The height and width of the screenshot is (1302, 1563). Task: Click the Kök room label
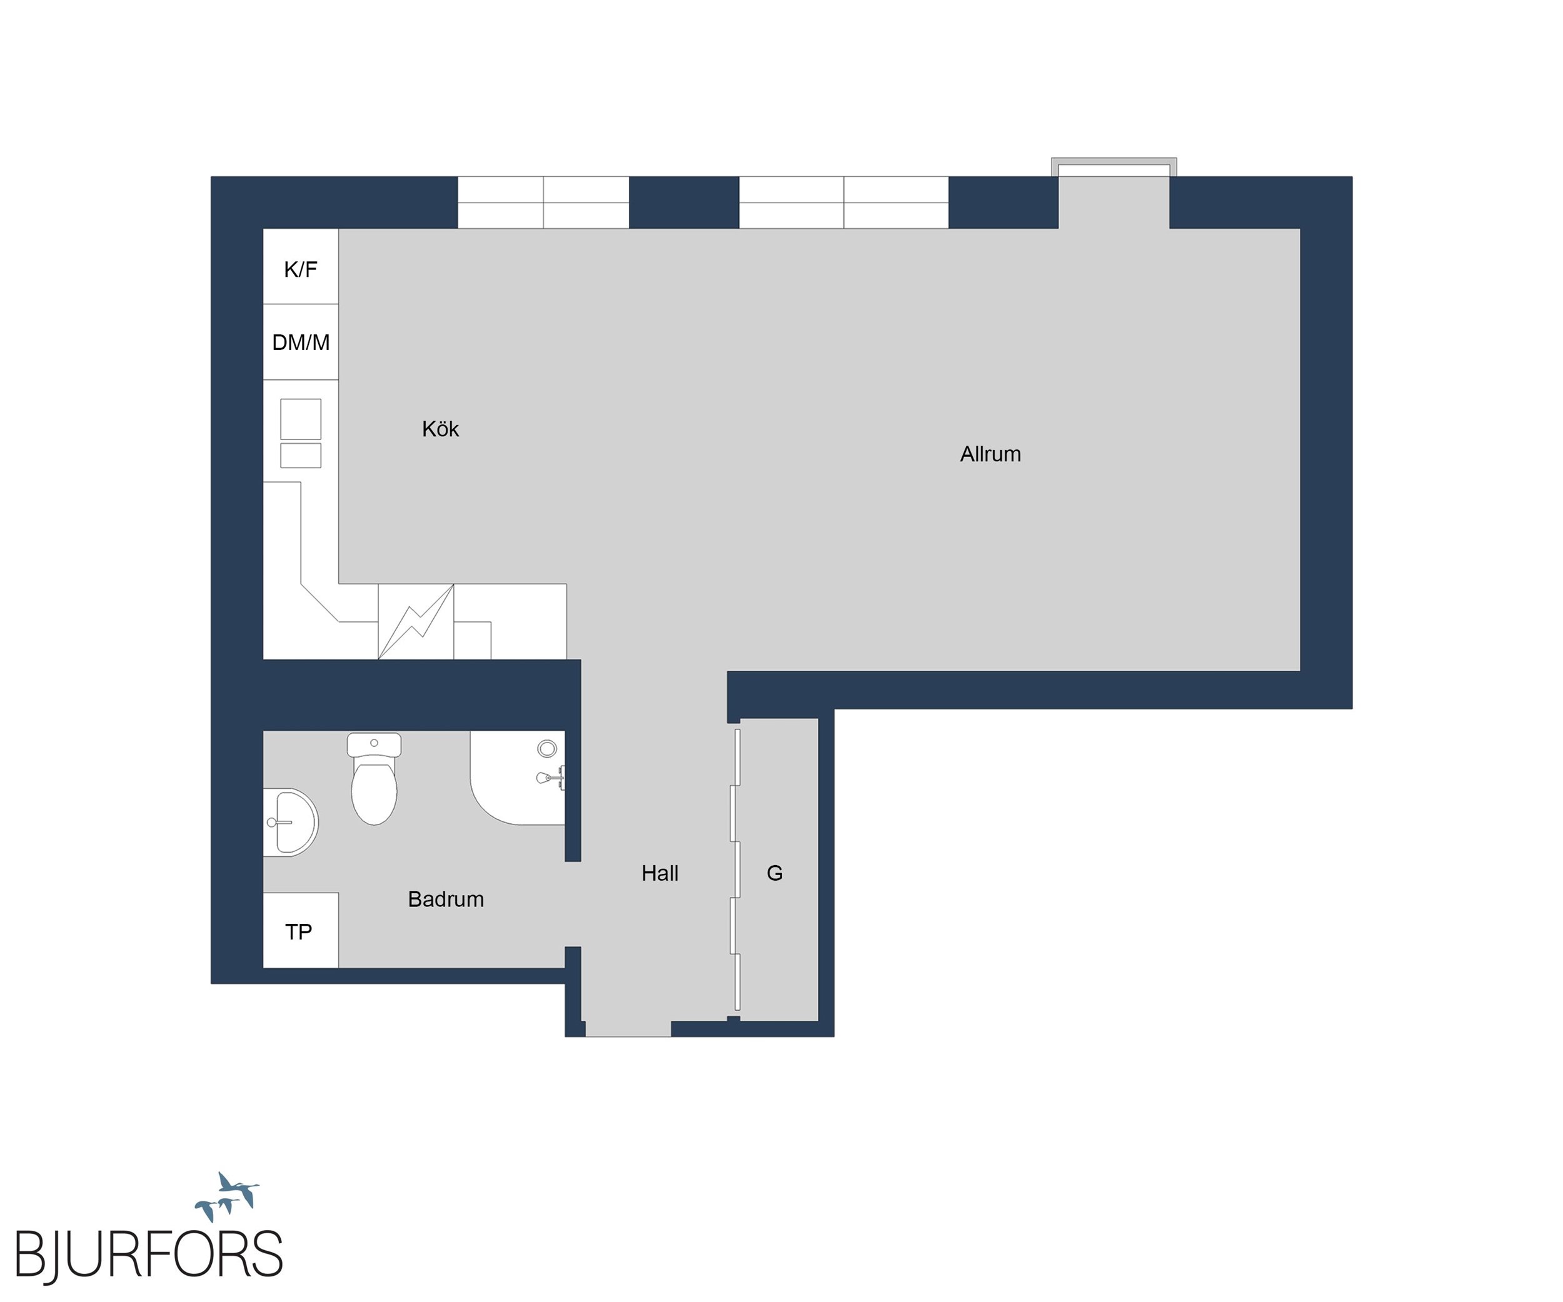point(440,429)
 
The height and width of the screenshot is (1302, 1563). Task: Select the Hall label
point(660,873)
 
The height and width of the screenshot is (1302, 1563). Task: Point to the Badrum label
point(446,899)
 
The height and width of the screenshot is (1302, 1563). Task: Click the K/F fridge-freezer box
point(301,266)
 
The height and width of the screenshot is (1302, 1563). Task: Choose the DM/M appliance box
point(301,343)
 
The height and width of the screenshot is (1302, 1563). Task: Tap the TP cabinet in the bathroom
point(301,930)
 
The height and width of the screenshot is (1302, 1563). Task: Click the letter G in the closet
point(775,873)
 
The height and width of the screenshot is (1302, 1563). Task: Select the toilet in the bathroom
point(374,778)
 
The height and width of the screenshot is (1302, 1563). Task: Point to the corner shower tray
point(517,778)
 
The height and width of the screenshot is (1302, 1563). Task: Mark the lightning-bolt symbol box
point(416,622)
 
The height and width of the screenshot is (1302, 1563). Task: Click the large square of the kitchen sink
point(301,419)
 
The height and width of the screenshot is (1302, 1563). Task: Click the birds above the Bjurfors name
point(227,1196)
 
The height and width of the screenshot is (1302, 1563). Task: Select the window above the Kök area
point(543,203)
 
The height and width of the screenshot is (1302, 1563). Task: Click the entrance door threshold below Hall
point(628,1029)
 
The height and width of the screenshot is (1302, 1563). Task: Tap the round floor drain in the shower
point(547,748)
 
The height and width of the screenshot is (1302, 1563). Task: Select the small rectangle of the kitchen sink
point(301,455)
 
